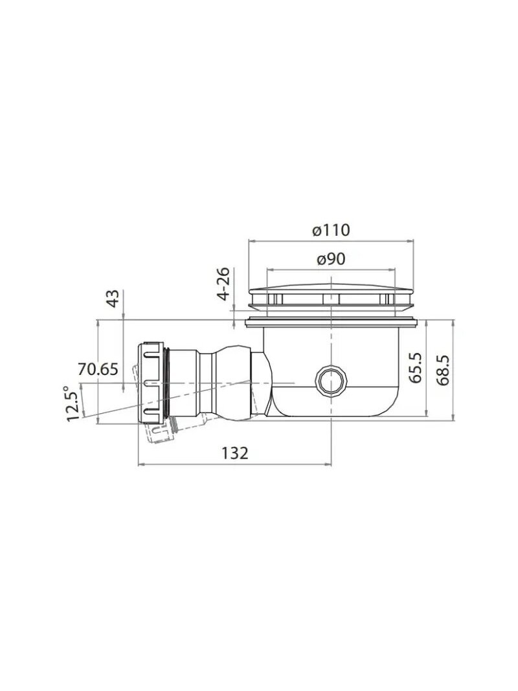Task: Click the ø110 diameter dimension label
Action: pyautogui.click(x=331, y=230)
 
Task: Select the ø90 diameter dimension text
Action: pyautogui.click(x=332, y=259)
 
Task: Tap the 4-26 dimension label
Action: pyautogui.click(x=224, y=284)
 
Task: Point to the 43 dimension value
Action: pyautogui.click(x=114, y=299)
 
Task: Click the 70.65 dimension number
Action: pyautogui.click(x=98, y=369)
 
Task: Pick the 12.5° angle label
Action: pyautogui.click(x=73, y=403)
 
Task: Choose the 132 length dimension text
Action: pyautogui.click(x=235, y=453)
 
